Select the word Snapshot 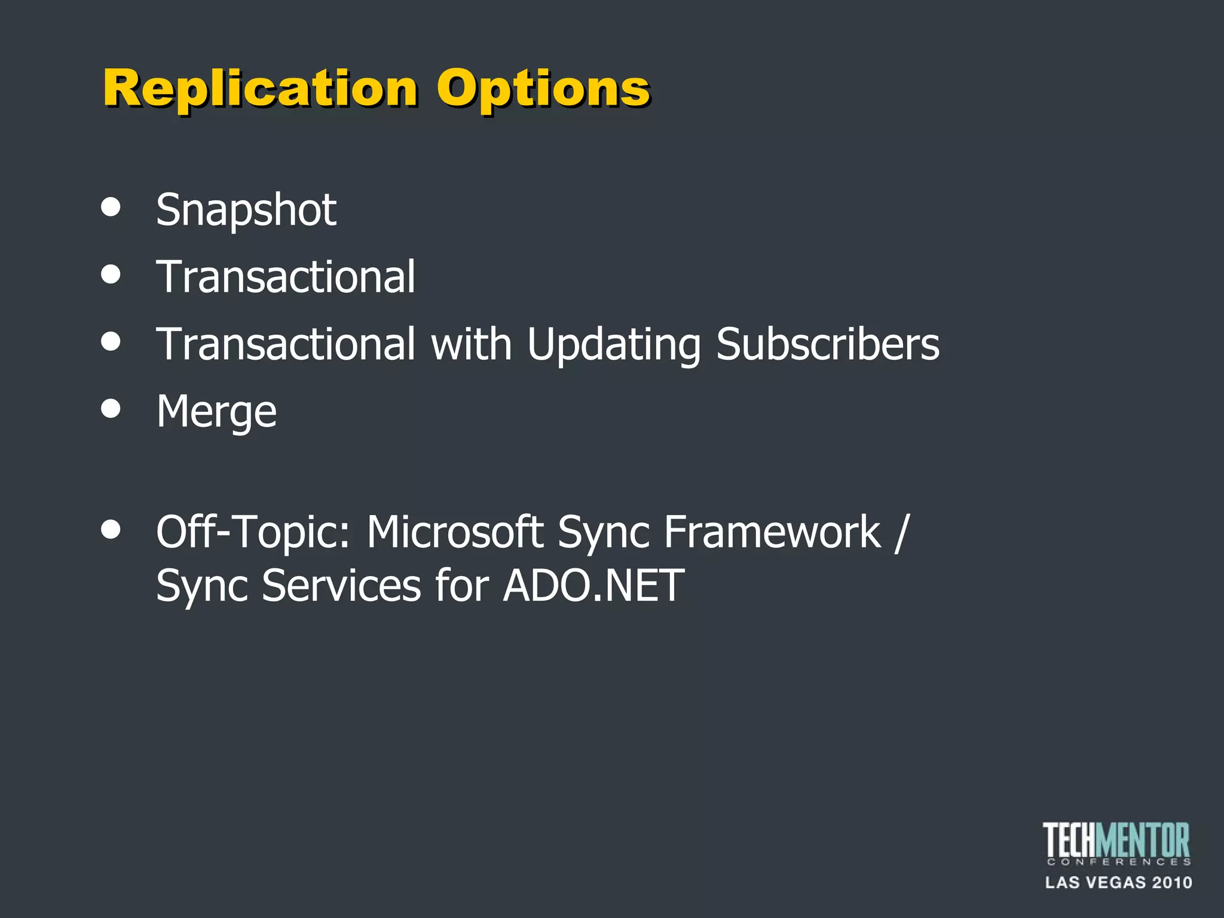point(246,210)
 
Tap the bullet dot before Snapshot point(111,207)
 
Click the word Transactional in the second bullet point(286,277)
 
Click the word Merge point(216,412)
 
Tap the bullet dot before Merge point(111,409)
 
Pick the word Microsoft point(454,532)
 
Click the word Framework point(772,532)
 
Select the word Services point(341,586)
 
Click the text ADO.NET point(593,586)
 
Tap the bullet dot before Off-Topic point(111,529)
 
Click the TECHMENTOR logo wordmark point(1116,841)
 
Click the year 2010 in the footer point(1172,882)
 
